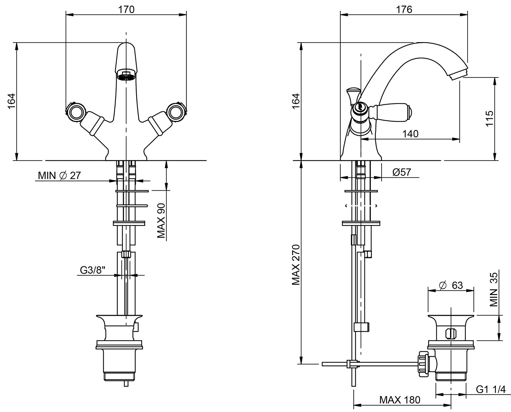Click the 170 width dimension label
click(126, 10)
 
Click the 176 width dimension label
click(404, 10)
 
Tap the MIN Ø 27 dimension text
click(59, 176)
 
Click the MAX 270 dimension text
click(296, 265)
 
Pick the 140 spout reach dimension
click(410, 134)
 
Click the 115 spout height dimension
click(489, 118)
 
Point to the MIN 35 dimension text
click(494, 289)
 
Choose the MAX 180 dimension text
click(400, 400)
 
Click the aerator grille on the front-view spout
click(126, 76)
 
